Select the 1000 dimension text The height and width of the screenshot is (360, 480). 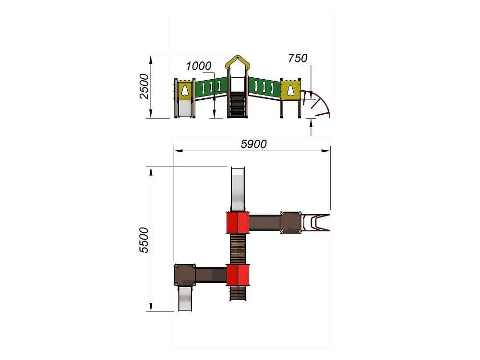pos(199,66)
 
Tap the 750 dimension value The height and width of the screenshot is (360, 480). pos(298,58)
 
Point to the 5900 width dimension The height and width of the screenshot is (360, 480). pos(253,144)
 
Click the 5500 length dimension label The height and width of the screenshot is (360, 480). pos(144,240)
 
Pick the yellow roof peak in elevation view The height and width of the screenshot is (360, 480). pos(238,63)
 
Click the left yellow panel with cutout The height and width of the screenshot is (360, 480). pos(185,90)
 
